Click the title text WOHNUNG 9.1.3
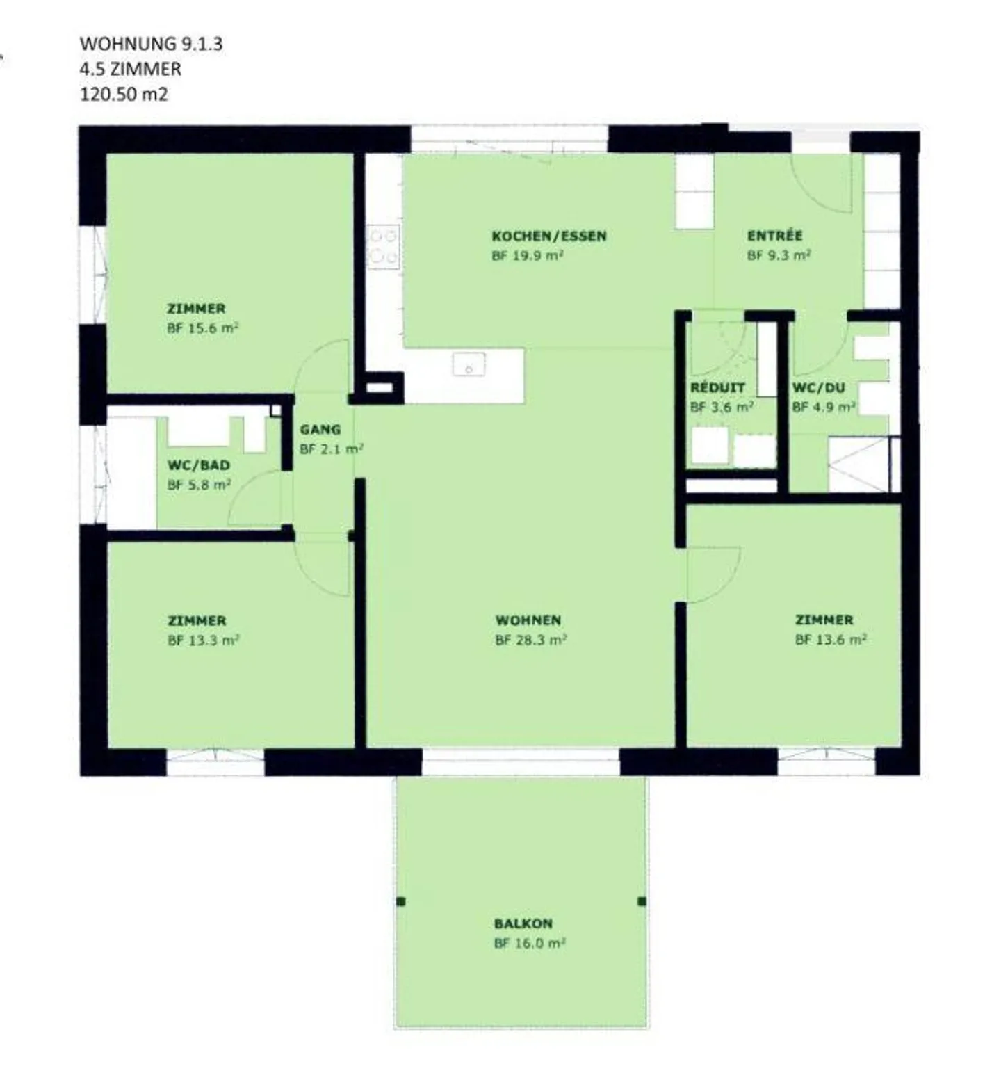(x=151, y=44)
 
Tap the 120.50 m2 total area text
(x=124, y=94)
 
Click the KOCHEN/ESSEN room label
(x=549, y=236)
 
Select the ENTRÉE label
(x=775, y=236)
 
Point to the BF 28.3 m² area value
(x=530, y=640)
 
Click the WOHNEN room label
(x=528, y=620)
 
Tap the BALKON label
(x=523, y=923)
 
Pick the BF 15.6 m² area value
(x=203, y=328)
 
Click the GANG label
(x=320, y=430)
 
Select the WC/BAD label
(x=199, y=465)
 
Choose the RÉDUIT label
(x=717, y=387)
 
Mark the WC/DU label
(x=819, y=387)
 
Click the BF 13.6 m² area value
(x=831, y=640)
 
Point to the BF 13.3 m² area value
(x=203, y=640)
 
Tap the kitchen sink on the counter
(x=469, y=364)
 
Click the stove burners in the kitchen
(x=383, y=246)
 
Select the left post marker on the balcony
(x=400, y=902)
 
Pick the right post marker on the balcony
(x=642, y=901)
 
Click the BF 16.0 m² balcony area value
(x=529, y=944)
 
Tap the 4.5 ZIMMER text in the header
(x=131, y=69)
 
